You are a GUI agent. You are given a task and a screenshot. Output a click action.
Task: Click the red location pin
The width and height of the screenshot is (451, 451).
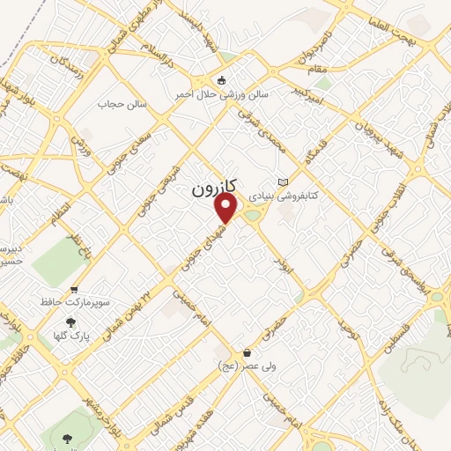(x=226, y=207)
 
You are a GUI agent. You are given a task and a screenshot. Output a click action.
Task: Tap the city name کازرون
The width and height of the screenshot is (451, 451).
(x=214, y=189)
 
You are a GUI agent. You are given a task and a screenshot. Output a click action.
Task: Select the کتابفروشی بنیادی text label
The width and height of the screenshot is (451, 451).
(x=282, y=195)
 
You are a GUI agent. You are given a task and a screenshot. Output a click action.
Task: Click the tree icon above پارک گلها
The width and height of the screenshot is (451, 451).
(x=71, y=322)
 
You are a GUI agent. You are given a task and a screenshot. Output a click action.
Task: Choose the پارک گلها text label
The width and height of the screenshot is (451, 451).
(x=71, y=336)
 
